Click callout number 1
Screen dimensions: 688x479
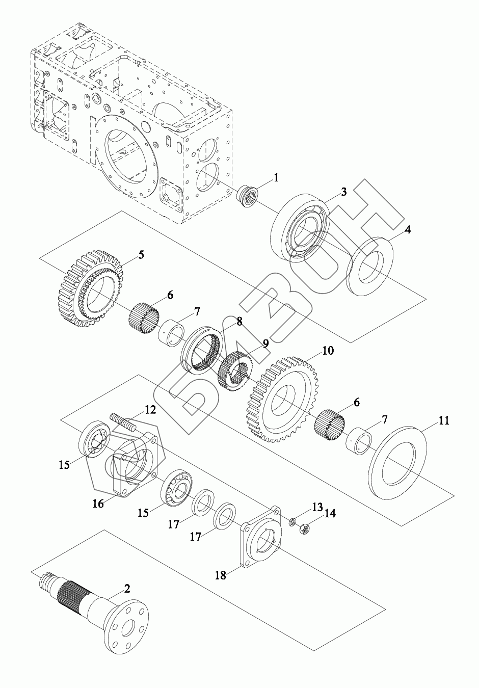276,178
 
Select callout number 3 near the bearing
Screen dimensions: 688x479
344,192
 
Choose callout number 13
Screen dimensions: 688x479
317,507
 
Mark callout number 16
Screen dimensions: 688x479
98,504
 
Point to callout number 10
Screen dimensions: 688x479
327,351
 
